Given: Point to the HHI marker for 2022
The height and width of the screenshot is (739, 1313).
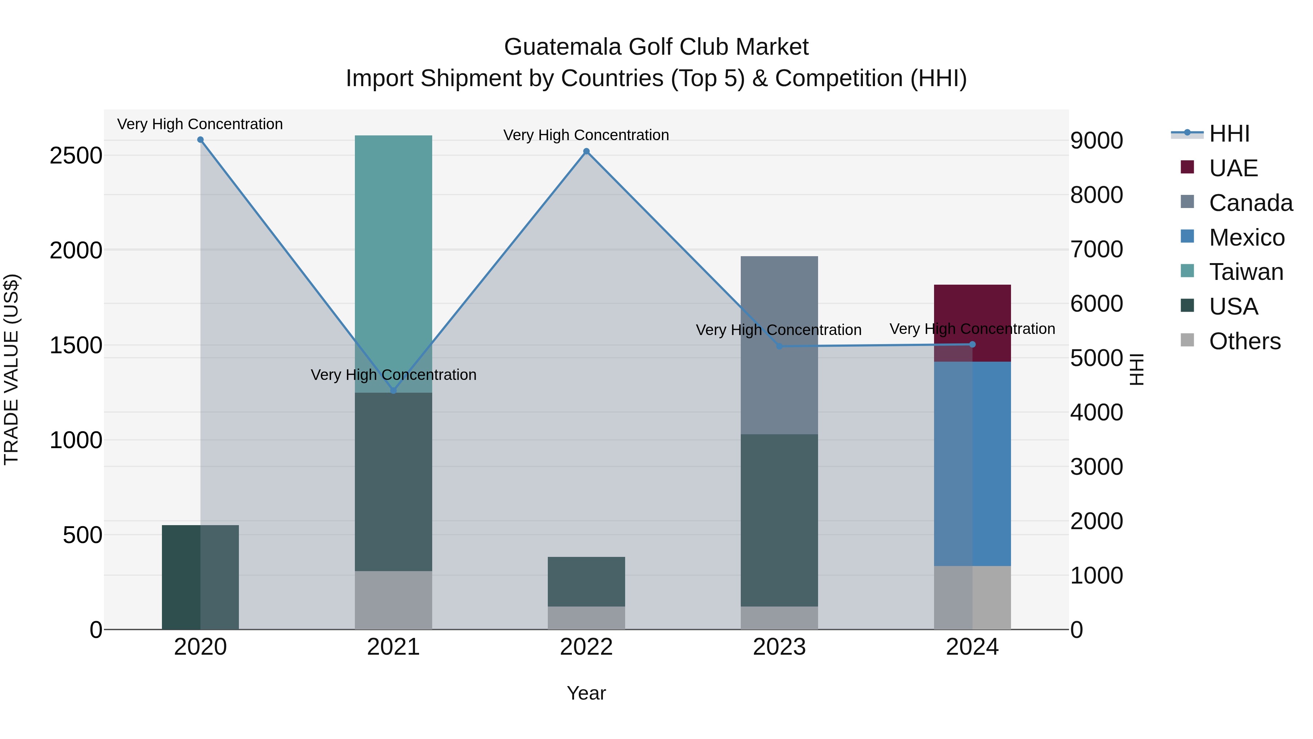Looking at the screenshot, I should tap(586, 151).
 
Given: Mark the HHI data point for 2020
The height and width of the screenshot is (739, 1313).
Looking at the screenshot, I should tap(200, 140).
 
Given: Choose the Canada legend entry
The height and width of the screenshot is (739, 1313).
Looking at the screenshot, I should tap(1250, 203).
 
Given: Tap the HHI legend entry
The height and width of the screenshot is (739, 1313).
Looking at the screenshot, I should tap(1228, 134).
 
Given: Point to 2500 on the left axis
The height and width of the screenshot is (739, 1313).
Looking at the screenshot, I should tap(76, 155).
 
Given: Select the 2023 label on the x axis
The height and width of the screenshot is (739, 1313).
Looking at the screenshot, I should tap(779, 647).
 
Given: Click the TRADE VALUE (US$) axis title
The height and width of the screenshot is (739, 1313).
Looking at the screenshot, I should tap(12, 369).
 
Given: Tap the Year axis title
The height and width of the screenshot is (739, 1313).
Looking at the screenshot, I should tap(586, 693).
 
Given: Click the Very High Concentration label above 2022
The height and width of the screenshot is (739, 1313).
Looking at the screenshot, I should tap(586, 135).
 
